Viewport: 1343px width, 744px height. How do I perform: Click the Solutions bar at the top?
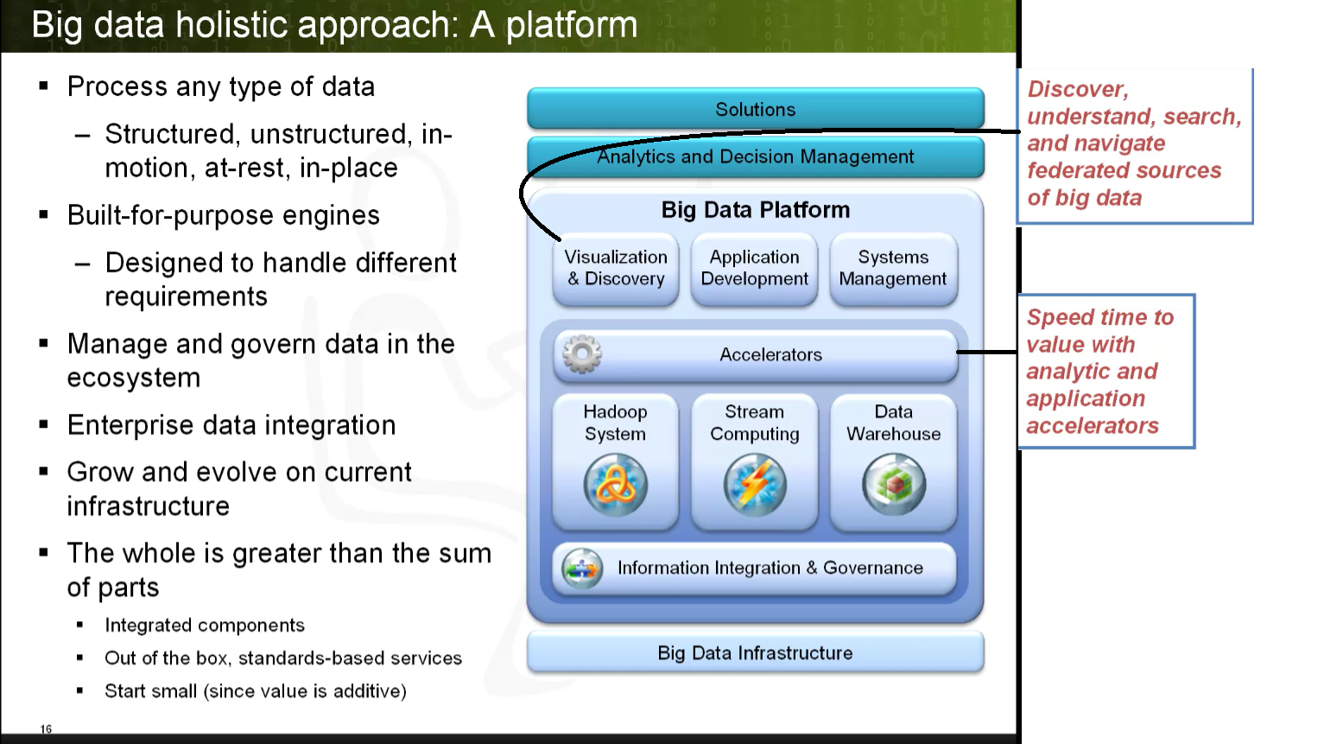(755, 110)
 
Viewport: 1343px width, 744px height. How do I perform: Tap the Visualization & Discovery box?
(616, 269)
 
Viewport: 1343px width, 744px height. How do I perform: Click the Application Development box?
(754, 269)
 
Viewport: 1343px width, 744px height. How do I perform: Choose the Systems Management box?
(893, 269)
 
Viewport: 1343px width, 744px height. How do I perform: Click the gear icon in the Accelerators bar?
(582, 354)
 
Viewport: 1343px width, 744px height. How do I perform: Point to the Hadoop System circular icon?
(615, 486)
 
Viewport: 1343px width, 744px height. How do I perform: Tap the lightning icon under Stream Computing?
(755, 486)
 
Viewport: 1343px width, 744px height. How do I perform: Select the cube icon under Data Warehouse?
(894, 486)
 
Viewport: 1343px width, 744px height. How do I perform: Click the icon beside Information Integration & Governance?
(582, 569)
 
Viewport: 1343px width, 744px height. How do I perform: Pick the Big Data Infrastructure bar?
(755, 653)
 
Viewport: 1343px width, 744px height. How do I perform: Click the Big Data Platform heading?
(755, 210)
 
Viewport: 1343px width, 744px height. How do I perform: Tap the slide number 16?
(46, 729)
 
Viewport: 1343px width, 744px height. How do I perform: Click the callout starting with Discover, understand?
(1134, 144)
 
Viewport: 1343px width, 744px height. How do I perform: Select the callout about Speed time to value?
(1105, 372)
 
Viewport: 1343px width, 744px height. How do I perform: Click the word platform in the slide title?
(571, 25)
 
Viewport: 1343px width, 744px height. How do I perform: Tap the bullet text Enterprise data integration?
(231, 425)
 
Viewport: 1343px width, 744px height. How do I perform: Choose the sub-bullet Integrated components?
(205, 626)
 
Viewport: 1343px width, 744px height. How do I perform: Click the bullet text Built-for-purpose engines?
(224, 215)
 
